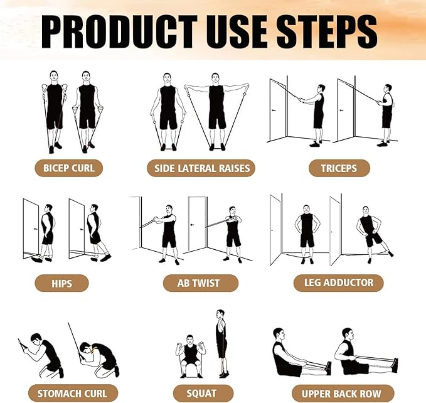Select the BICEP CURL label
[x=69, y=168]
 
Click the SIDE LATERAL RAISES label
[x=202, y=168]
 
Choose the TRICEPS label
[x=339, y=168]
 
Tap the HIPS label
[x=61, y=282]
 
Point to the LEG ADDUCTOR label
[x=338, y=282]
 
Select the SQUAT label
[x=201, y=394]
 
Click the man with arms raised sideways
[x=216, y=110]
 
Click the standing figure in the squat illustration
[x=221, y=342]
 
